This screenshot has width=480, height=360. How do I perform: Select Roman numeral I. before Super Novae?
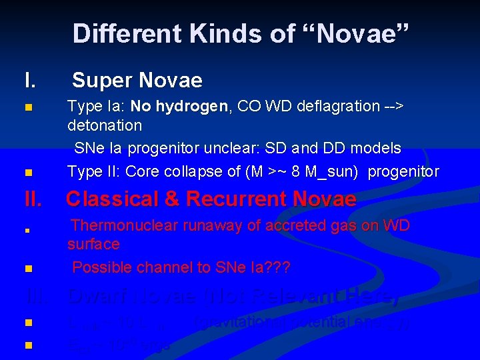click(x=30, y=81)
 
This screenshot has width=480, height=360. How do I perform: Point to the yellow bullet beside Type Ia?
click(x=27, y=107)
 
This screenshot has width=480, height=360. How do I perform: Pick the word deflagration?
click(x=332, y=107)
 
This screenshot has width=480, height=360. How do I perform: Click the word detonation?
click(x=105, y=125)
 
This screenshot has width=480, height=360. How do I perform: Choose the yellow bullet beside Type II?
click(x=27, y=173)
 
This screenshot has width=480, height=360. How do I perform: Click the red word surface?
click(x=93, y=244)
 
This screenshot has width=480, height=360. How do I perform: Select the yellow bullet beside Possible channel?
click(x=27, y=269)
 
